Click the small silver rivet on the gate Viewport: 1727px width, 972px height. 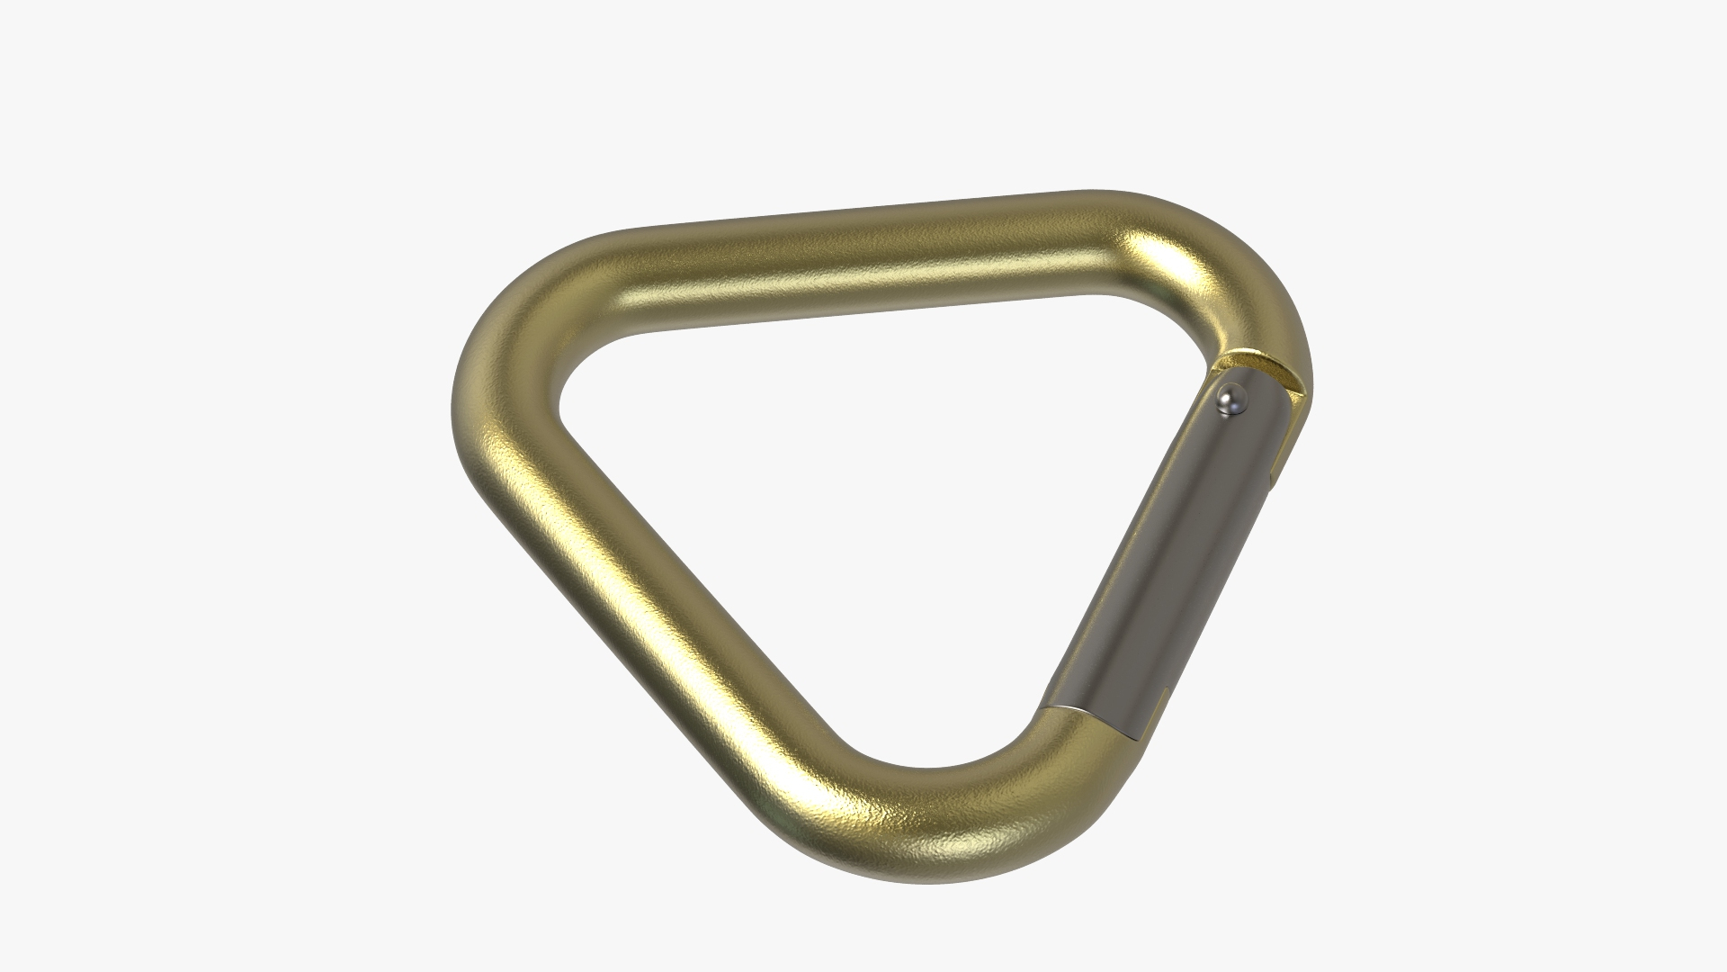tap(1230, 400)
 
